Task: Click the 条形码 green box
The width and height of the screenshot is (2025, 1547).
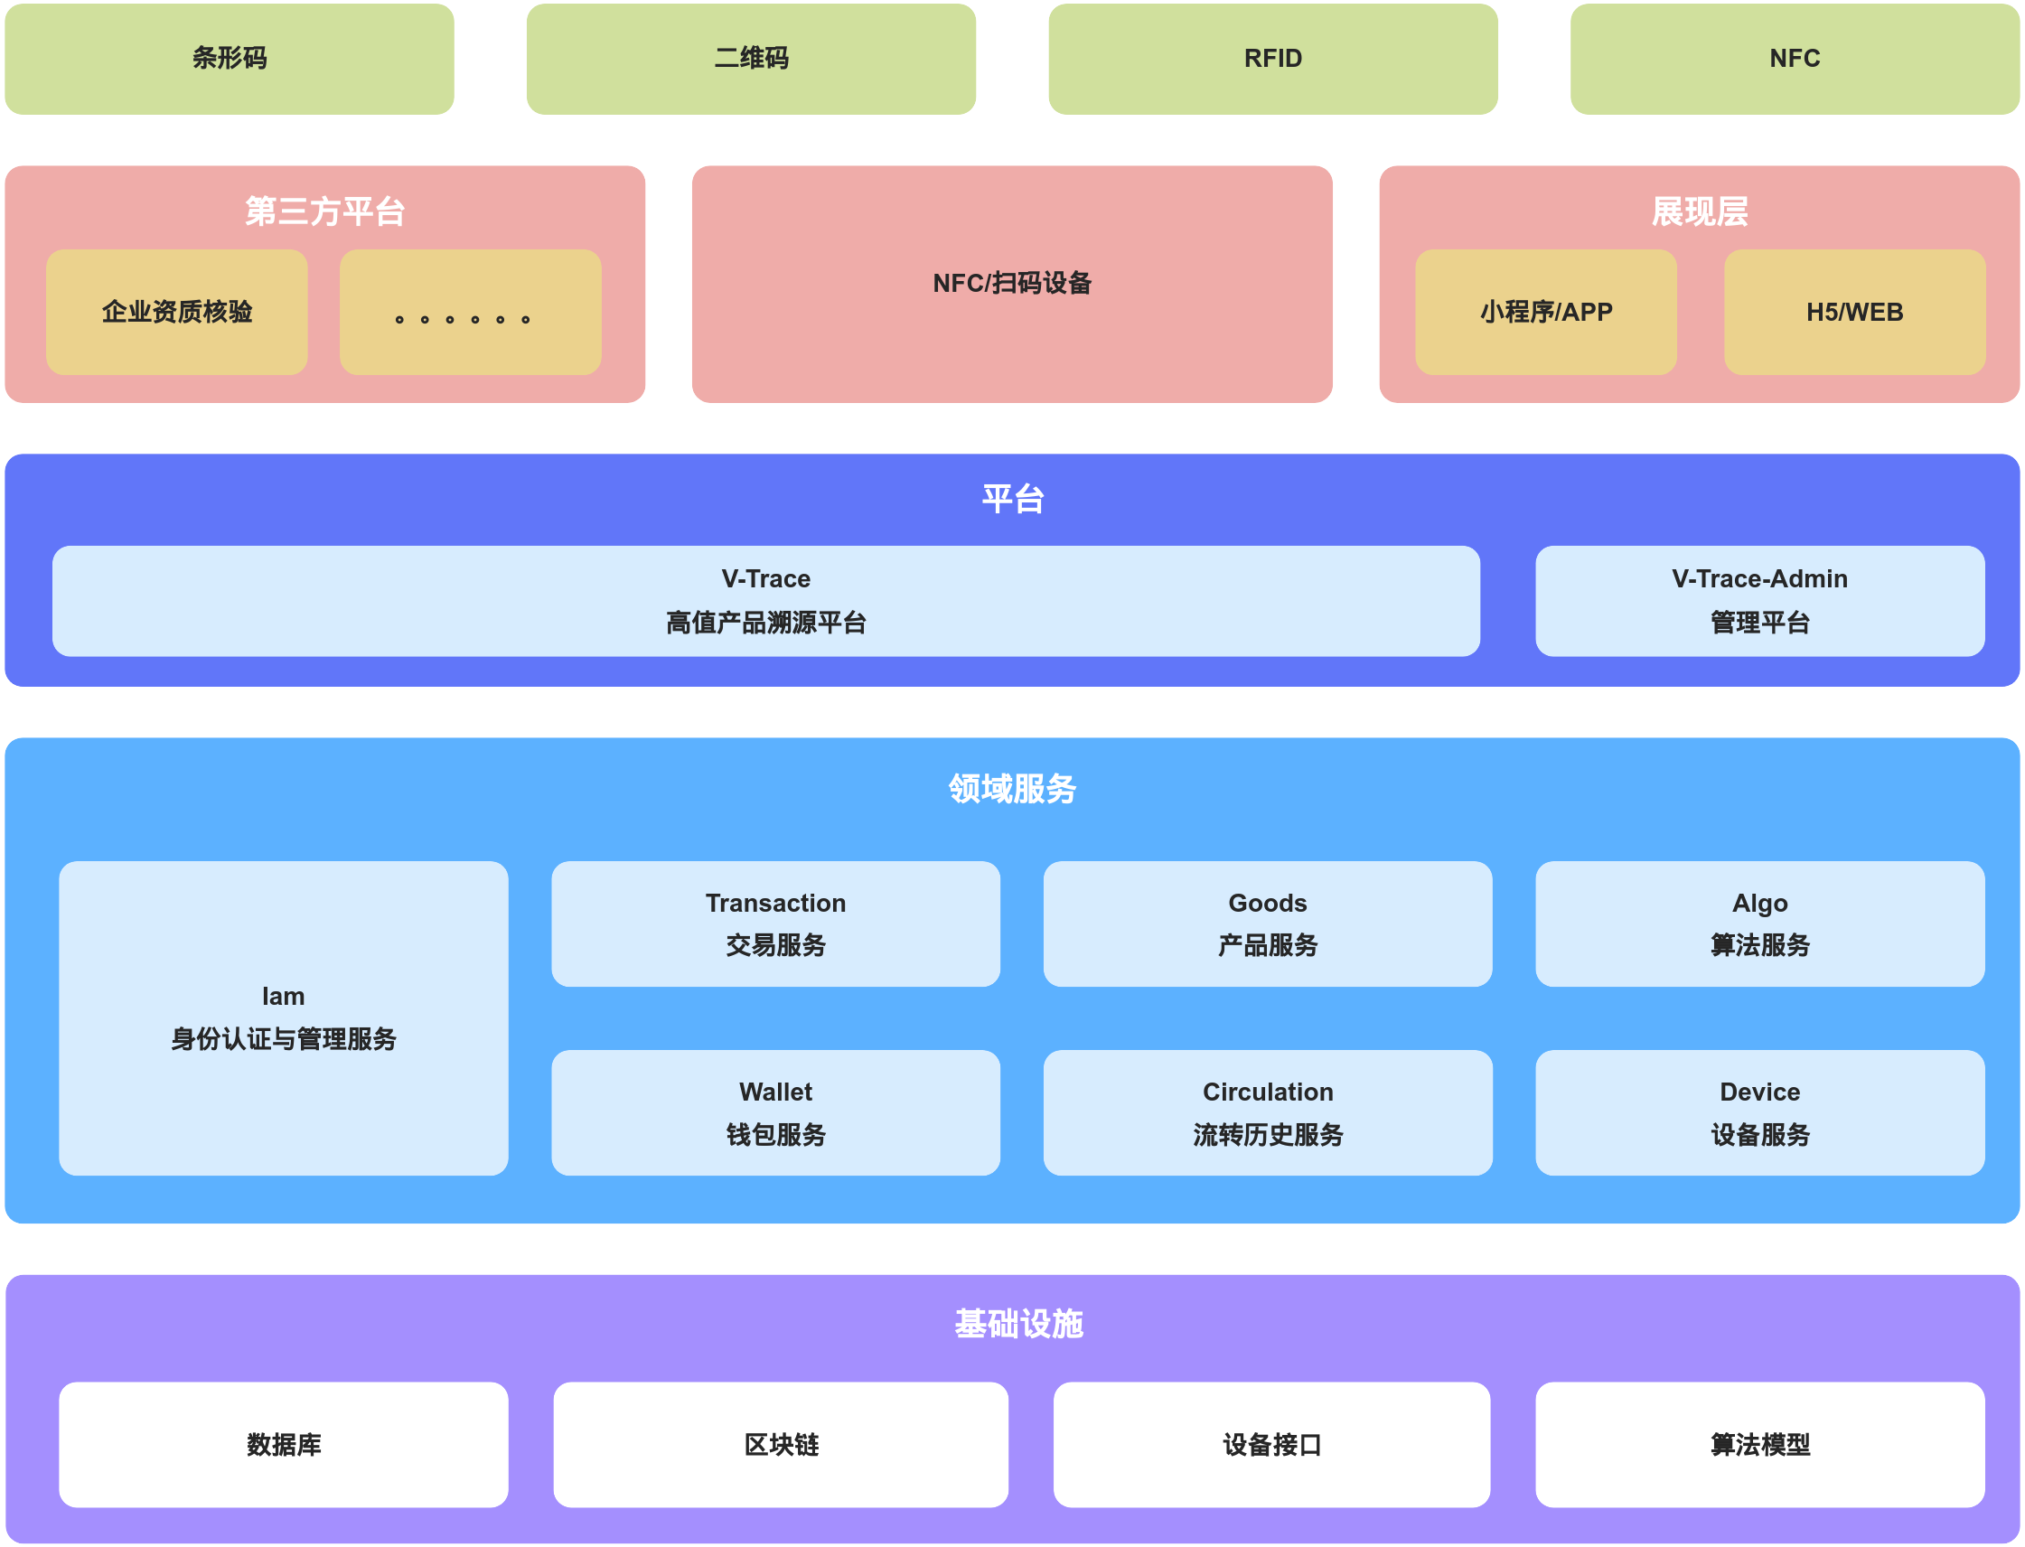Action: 230,59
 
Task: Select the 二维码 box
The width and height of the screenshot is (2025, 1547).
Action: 751,59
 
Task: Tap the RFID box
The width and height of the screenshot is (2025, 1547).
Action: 1272,59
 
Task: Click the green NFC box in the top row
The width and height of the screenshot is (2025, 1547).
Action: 1794,59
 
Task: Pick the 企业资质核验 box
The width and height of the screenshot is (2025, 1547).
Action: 177,312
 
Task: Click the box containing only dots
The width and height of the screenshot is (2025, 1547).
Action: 470,312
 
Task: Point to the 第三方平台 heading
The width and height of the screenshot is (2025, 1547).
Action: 324,211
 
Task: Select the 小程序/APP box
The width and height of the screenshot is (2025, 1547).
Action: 1545,312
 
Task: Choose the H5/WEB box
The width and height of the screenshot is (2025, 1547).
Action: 1853,312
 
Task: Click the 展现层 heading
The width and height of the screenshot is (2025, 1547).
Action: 1699,211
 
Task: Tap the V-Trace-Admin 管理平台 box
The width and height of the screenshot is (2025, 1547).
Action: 1758,600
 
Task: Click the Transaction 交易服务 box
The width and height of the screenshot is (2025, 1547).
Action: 775,924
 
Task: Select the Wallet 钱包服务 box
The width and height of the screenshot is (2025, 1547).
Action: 775,1112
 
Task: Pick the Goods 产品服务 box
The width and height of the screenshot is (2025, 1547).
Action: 1267,924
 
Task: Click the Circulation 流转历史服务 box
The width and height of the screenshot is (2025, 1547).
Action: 1267,1112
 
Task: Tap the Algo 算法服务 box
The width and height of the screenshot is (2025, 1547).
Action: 1758,924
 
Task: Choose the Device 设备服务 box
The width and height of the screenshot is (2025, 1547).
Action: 1758,1112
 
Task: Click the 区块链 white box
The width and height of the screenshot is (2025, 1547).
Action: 780,1444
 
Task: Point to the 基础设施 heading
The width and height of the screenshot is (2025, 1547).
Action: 1018,1324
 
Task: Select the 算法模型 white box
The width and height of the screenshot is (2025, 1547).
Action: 1758,1444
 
